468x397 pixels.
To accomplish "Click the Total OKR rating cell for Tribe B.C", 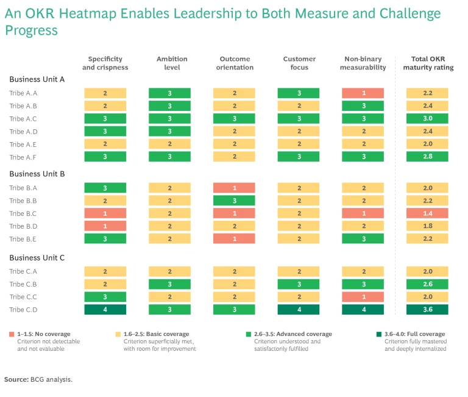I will pyautogui.click(x=427, y=213).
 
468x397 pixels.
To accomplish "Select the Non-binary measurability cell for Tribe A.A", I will pyautogui.click(x=363, y=93).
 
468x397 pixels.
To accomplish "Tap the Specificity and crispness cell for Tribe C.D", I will pyautogui.click(x=105, y=310).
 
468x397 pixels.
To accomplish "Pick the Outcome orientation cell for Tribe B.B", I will pyautogui.click(x=234, y=201).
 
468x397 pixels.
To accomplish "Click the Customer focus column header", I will pyautogui.click(x=299, y=63).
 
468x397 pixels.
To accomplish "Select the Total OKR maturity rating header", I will pyautogui.click(x=428, y=63).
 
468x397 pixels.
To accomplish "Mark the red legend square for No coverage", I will pyautogui.click(x=12, y=334).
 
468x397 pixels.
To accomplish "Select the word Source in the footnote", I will pyautogui.click(x=15, y=379).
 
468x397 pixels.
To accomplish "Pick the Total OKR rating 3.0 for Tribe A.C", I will pyautogui.click(x=427, y=119).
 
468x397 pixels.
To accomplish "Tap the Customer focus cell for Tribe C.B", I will pyautogui.click(x=299, y=284).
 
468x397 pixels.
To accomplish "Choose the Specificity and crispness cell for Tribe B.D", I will pyautogui.click(x=105, y=226).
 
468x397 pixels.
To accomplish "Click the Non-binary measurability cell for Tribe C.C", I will pyautogui.click(x=363, y=297).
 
